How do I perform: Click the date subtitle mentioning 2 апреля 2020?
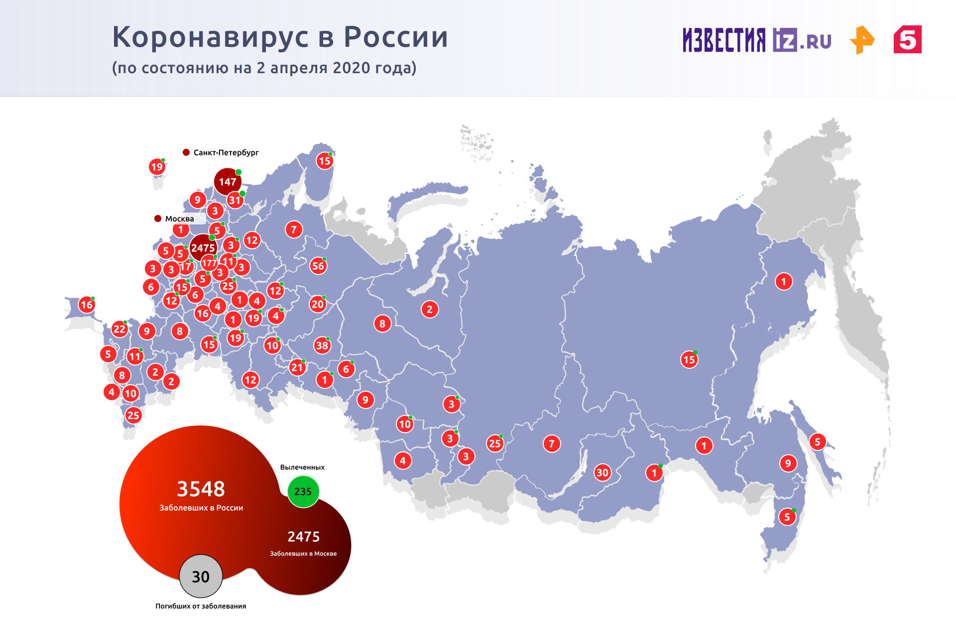tap(264, 68)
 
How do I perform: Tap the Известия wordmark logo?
tap(724, 40)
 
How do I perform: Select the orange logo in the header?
tap(862, 40)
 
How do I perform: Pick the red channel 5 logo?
tap(907, 39)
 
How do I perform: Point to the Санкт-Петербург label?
tap(226, 153)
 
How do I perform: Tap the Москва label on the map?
tap(179, 219)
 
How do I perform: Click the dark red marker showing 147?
tap(228, 182)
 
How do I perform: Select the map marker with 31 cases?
tap(235, 201)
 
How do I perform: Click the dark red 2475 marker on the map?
tap(203, 248)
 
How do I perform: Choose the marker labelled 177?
tap(209, 263)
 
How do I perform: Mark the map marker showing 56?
tap(318, 266)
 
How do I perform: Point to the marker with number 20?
tap(318, 304)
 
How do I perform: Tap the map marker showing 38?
tap(322, 345)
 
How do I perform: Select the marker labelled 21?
tap(297, 368)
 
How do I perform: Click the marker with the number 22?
tap(119, 329)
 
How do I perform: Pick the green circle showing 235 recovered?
tap(303, 492)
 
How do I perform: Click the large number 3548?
tap(201, 489)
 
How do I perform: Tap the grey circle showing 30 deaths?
tap(201, 576)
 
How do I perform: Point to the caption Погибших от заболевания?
tap(201, 606)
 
